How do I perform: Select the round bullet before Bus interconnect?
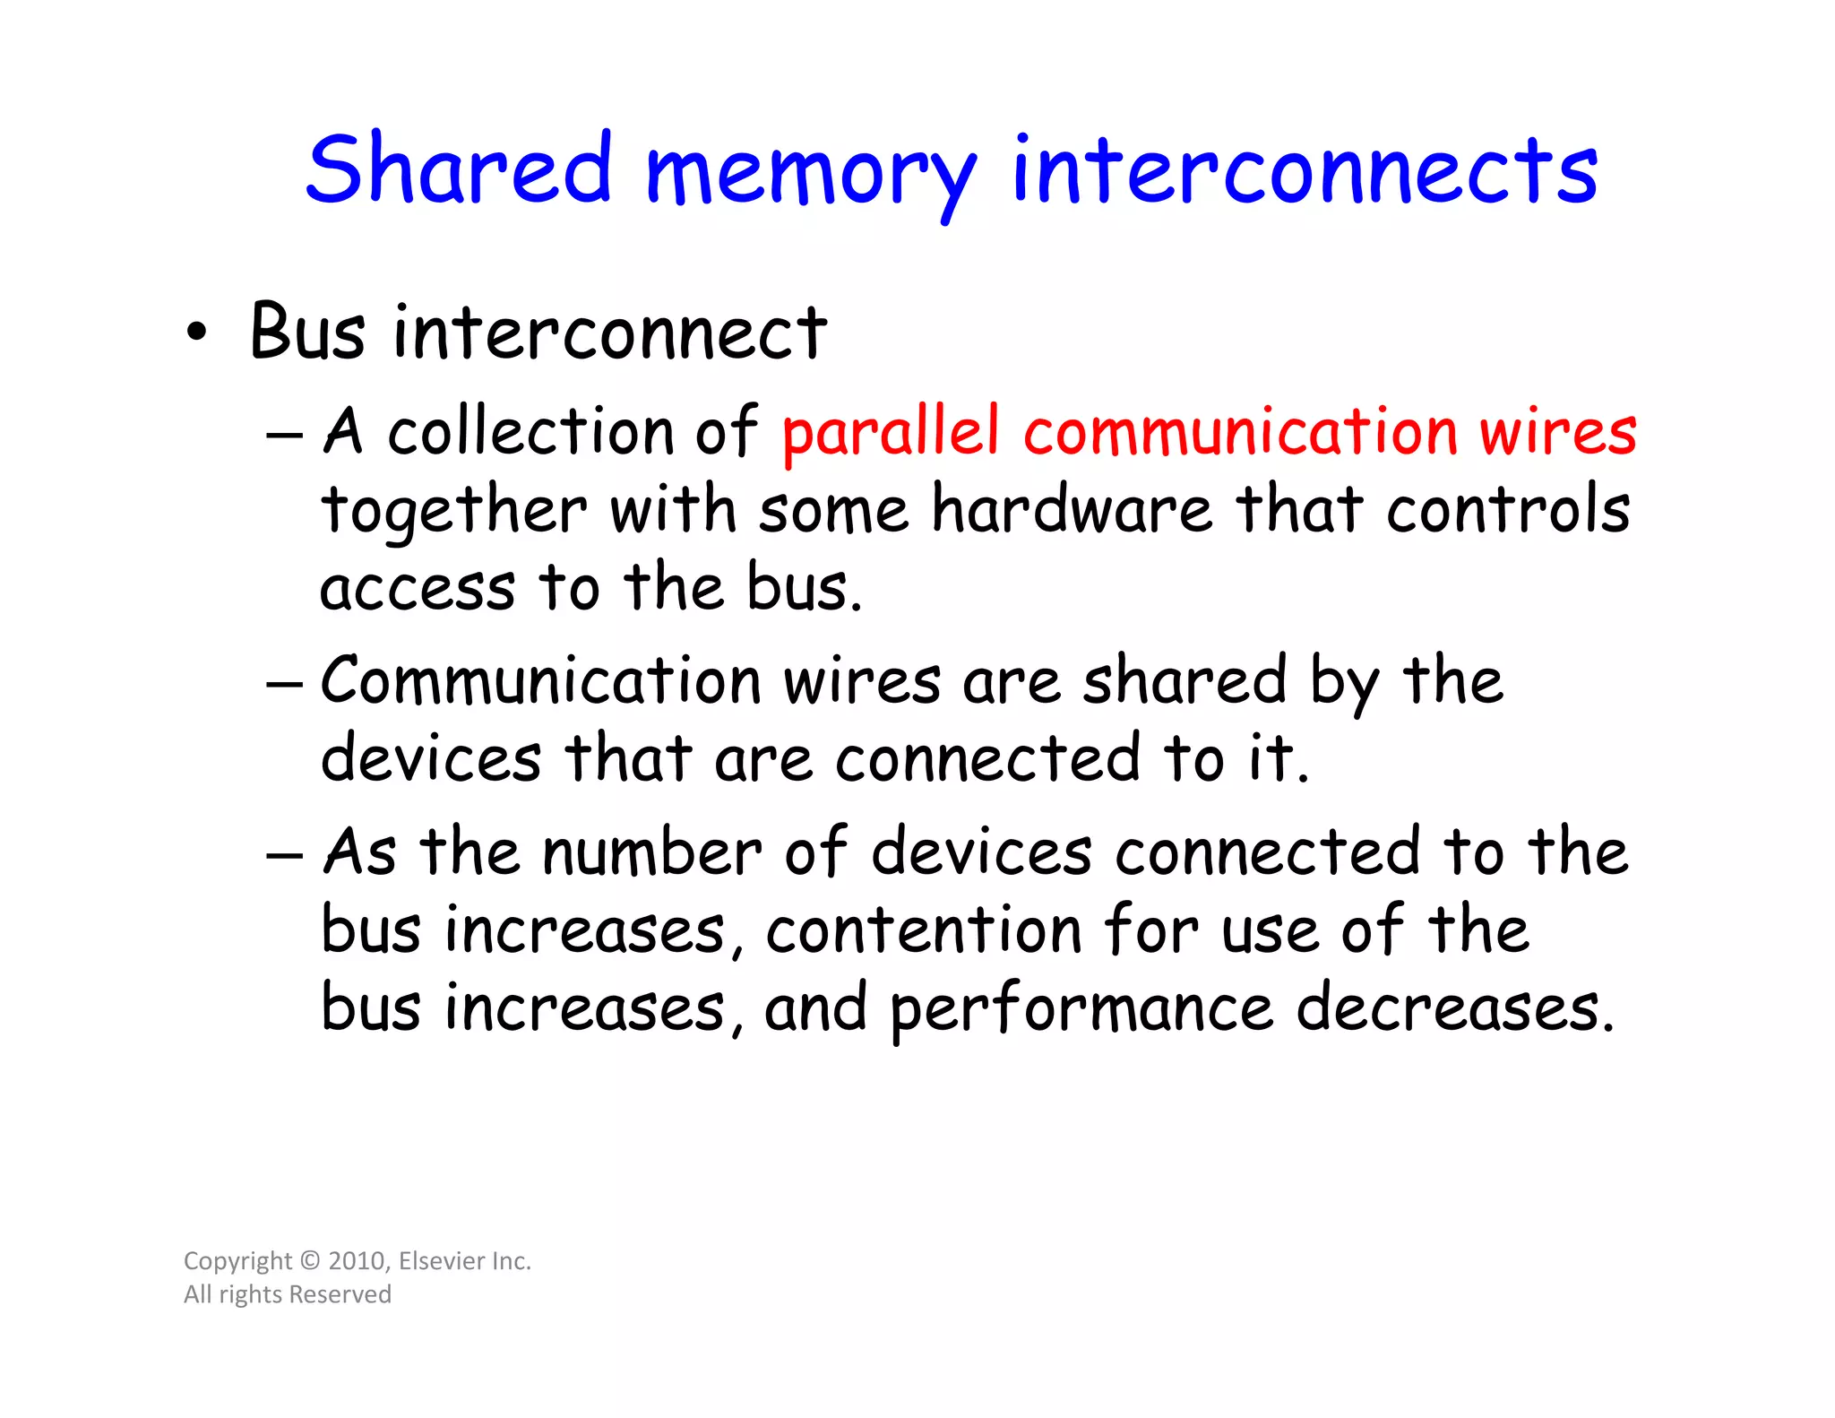196,333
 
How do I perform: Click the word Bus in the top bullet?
307,332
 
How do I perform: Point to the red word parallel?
890,433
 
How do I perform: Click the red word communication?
1240,431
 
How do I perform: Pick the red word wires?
1557,431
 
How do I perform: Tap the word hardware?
1072,509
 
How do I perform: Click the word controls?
1508,509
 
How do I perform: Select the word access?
418,589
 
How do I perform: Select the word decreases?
1455,1007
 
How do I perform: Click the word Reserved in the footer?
340,1294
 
